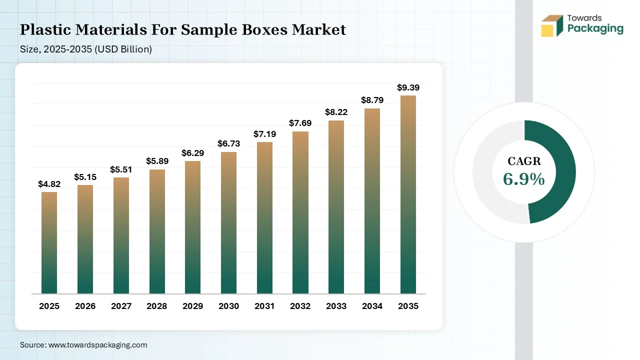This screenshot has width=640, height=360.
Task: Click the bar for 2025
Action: (x=49, y=242)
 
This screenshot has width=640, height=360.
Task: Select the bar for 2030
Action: (x=228, y=222)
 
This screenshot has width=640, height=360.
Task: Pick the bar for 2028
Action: (x=157, y=231)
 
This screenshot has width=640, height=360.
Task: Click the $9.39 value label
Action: (x=408, y=87)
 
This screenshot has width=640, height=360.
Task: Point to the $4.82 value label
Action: (x=49, y=184)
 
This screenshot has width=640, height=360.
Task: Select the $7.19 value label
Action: (x=264, y=134)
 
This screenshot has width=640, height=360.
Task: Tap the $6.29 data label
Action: (x=192, y=153)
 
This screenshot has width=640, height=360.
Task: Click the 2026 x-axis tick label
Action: (x=85, y=306)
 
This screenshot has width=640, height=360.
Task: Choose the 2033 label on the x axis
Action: (x=336, y=306)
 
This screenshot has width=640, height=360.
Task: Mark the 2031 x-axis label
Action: (x=264, y=306)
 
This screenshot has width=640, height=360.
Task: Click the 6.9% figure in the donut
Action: (x=523, y=179)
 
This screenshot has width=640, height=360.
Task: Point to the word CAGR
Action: (x=524, y=161)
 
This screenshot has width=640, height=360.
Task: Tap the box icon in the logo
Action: (x=552, y=25)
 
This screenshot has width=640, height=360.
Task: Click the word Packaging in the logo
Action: (x=595, y=28)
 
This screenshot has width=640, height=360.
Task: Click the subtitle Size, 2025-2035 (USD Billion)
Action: (x=86, y=49)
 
